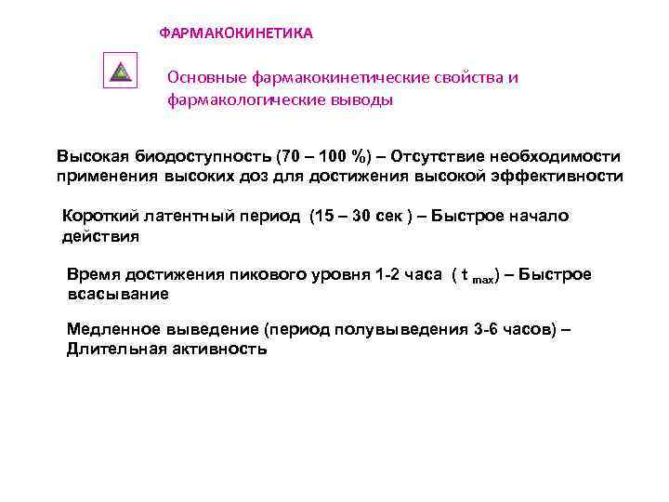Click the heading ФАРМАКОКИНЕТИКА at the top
pyautogui.click(x=236, y=33)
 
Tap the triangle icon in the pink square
pyautogui.click(x=121, y=72)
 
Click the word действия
pyautogui.click(x=100, y=236)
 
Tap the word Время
pyautogui.click(x=93, y=276)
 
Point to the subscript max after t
pyautogui.click(x=482, y=280)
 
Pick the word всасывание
pyautogui.click(x=118, y=295)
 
